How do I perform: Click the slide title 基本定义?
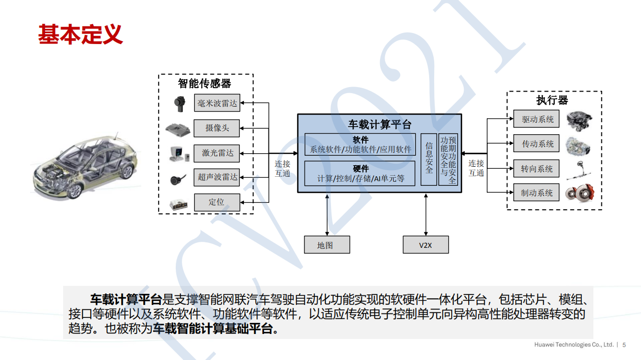coord(81,34)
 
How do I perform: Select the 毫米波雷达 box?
coord(217,104)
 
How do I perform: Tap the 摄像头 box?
coord(217,128)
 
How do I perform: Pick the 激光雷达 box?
coord(217,153)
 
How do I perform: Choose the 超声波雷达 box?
coord(217,177)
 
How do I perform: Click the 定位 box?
coord(217,202)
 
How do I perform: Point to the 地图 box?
coord(327,245)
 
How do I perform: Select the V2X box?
coord(426,245)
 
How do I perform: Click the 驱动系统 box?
coord(537,120)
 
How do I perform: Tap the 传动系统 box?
coord(537,144)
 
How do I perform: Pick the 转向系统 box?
coord(537,169)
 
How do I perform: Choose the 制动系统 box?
coord(537,193)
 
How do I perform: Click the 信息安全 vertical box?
coord(429,159)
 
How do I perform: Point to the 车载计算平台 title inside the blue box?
coord(380,125)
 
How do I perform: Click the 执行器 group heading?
coord(552,100)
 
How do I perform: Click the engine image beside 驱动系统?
coord(579,121)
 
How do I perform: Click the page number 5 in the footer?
coord(624,345)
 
